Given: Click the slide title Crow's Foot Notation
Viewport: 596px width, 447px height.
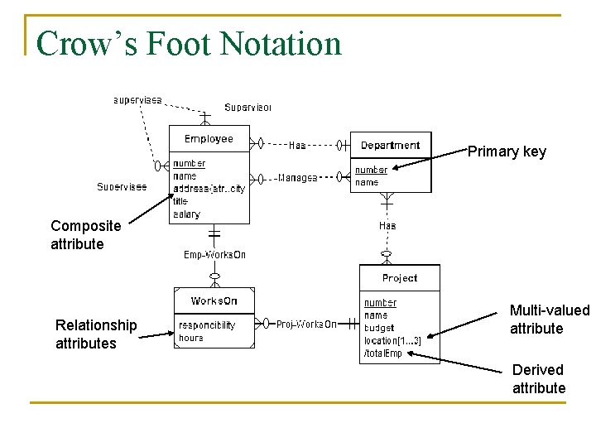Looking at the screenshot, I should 189,43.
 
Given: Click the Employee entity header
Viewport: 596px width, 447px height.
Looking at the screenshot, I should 209,139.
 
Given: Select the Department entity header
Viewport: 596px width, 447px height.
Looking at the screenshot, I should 390,145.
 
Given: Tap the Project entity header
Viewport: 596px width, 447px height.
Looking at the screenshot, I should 400,278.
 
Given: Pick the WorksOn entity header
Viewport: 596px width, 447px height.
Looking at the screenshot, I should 214,300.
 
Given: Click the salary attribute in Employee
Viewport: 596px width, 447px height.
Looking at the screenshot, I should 186,214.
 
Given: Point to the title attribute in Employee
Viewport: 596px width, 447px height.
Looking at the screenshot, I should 180,201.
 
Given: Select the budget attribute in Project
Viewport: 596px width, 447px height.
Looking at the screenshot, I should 379,328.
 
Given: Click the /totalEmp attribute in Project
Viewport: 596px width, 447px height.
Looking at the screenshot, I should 383,353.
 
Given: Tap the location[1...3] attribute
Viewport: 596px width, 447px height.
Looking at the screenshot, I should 392,341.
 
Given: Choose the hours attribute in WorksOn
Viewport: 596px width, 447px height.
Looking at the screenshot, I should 190,338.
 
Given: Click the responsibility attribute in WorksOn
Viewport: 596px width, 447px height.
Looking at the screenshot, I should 207,325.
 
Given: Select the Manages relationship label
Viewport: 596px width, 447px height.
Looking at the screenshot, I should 297,177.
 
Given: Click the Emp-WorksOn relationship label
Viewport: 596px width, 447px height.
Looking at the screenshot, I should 214,255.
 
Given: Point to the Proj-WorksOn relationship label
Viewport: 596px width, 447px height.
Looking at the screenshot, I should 306,324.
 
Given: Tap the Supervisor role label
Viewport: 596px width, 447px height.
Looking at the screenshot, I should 248,108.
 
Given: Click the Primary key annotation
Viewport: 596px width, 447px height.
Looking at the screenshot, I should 507,151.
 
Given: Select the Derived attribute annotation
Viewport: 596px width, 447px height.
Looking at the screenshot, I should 538,379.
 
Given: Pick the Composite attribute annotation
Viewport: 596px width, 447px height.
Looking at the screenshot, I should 85,234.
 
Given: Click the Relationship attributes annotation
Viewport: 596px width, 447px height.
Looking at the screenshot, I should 95,334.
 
